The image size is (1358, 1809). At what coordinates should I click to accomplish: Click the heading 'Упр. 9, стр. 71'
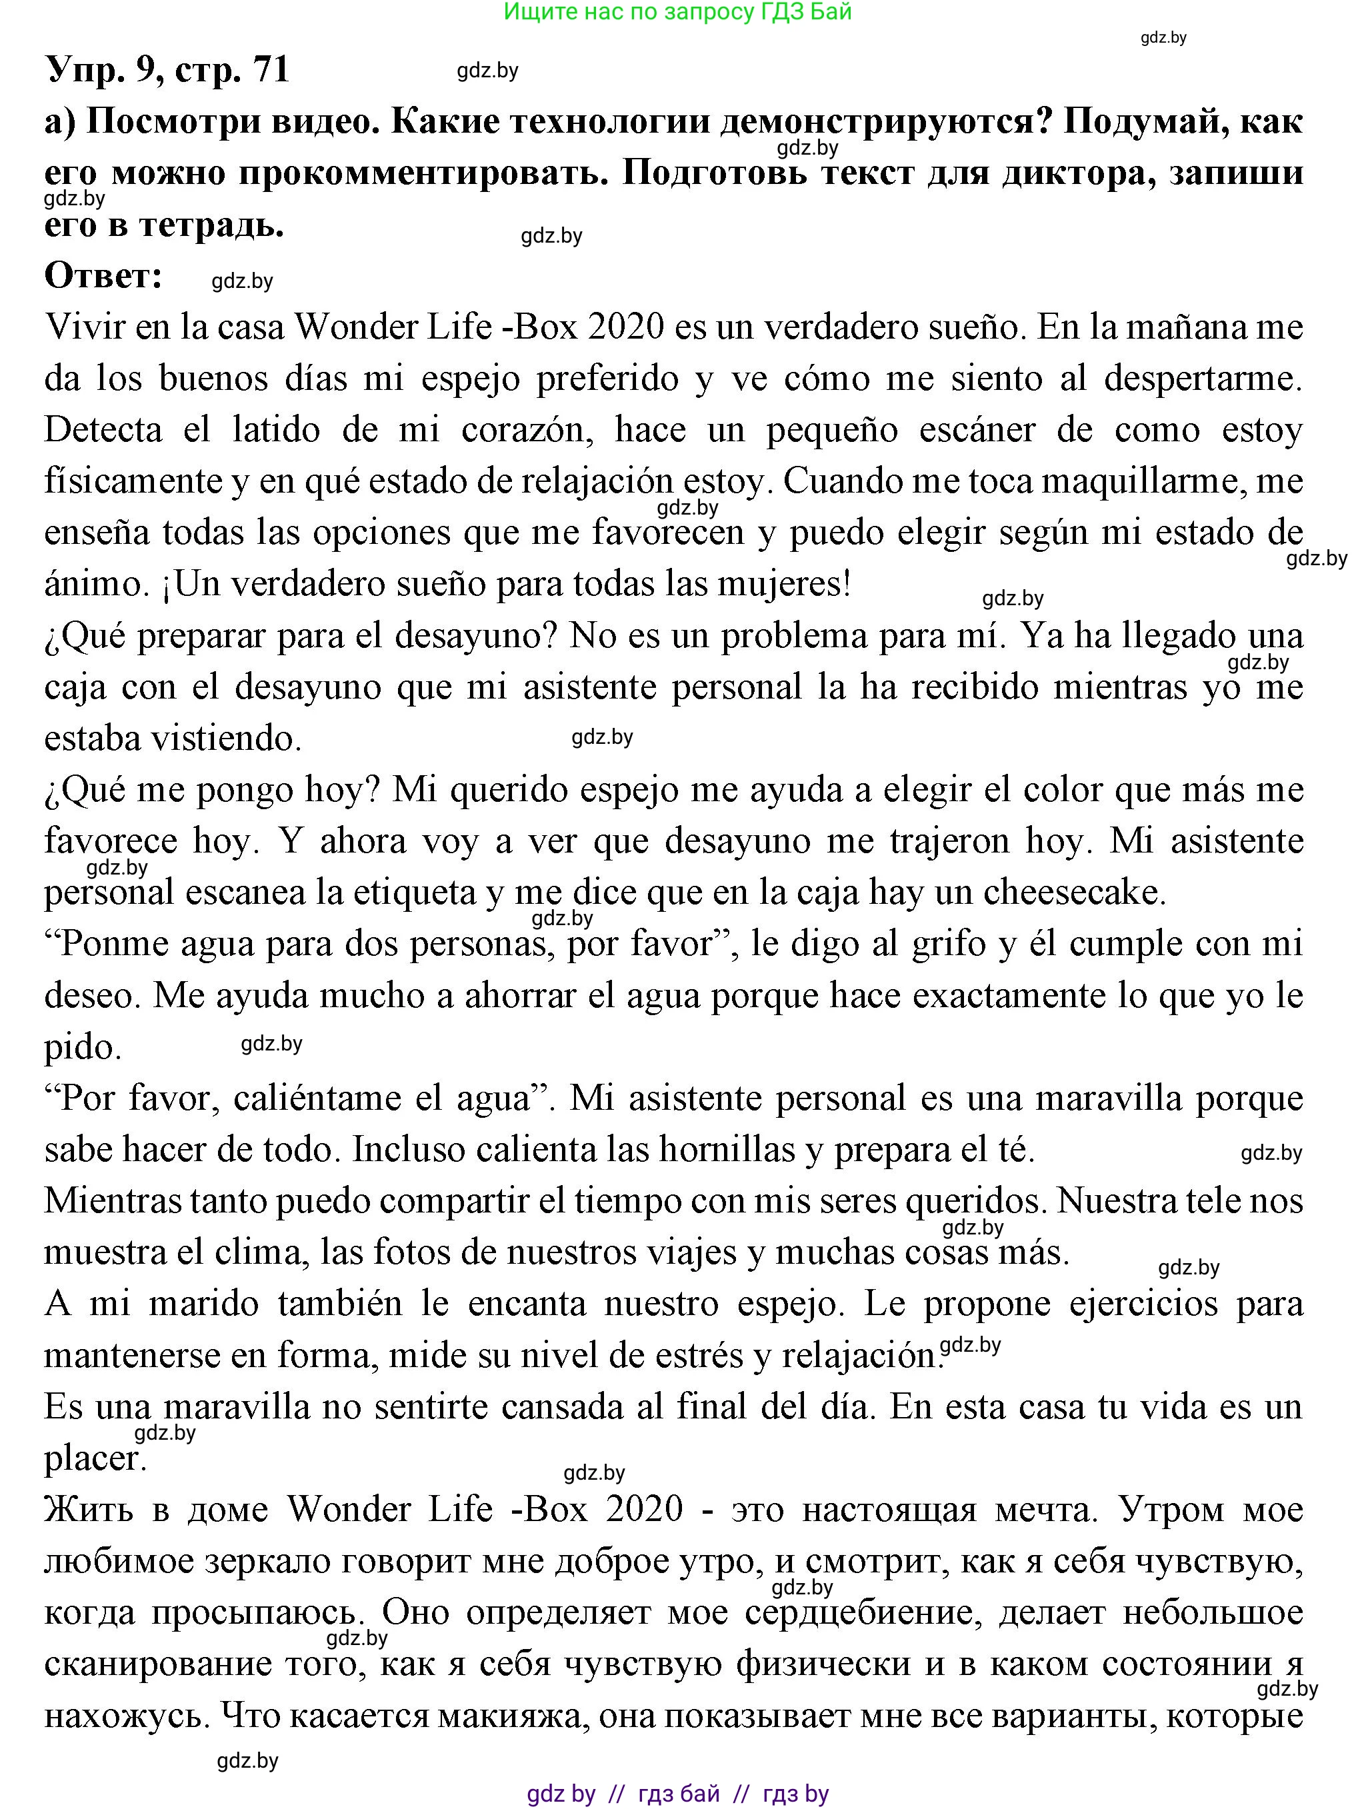[x=168, y=69]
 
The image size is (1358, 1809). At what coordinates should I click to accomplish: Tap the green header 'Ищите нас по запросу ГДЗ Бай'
[x=677, y=11]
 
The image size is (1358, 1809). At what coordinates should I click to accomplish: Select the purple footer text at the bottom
[x=677, y=1794]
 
